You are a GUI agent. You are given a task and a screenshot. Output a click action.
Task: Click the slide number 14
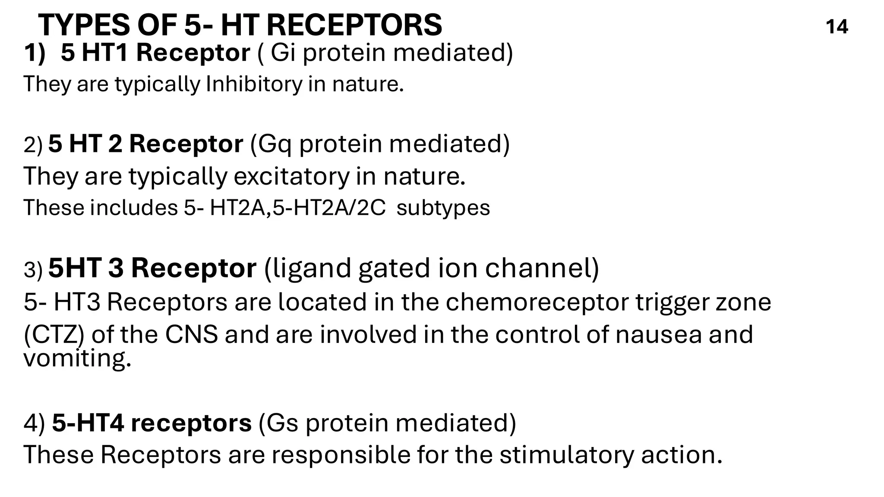point(837,27)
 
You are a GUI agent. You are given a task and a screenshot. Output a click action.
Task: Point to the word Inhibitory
point(254,84)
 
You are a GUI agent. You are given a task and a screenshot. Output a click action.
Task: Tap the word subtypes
point(443,208)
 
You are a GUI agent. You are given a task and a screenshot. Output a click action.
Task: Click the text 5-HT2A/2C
point(329,208)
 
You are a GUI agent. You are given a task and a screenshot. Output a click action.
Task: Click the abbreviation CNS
point(191,335)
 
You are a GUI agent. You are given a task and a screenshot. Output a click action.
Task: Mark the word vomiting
point(77,358)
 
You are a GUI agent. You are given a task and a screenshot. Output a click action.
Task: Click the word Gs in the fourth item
point(283,422)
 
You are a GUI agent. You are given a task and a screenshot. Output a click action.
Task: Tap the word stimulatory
point(567,454)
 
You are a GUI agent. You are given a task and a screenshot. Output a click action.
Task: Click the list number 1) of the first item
point(35,53)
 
